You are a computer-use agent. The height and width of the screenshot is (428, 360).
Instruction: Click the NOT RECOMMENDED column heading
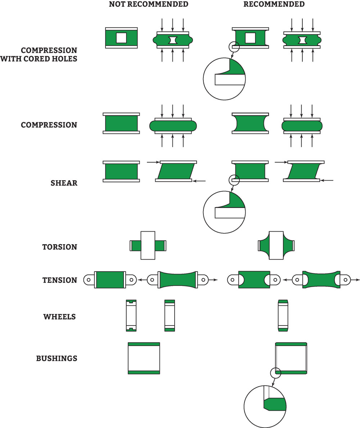coord(148,5)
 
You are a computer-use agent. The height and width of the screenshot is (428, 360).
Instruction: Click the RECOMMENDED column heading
coord(274,5)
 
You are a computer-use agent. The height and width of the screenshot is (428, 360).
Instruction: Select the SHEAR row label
coord(64,183)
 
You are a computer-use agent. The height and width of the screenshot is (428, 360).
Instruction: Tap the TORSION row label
coord(60,247)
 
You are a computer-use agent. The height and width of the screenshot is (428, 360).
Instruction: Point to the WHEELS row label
coord(60,317)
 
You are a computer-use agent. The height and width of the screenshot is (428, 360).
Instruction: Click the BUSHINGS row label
coord(57,359)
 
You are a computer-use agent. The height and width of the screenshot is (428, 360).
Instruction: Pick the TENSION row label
coord(60,280)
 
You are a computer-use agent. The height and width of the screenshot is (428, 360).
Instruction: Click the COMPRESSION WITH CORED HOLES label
coord(39,54)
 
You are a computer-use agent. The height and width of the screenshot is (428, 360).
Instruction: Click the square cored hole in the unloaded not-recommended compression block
coord(121,38)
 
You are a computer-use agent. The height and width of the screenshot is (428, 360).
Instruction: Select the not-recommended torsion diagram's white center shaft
coord(148,245)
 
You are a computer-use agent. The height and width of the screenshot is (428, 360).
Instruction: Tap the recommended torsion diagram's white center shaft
coord(276,245)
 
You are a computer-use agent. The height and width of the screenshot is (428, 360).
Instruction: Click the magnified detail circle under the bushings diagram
coord(265,406)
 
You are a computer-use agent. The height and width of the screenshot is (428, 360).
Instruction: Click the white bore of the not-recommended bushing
coord(144,358)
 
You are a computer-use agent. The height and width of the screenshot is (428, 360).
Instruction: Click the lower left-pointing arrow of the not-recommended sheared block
coord(199,181)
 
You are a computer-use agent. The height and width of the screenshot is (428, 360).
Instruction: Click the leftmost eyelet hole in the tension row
coord(88,279)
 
